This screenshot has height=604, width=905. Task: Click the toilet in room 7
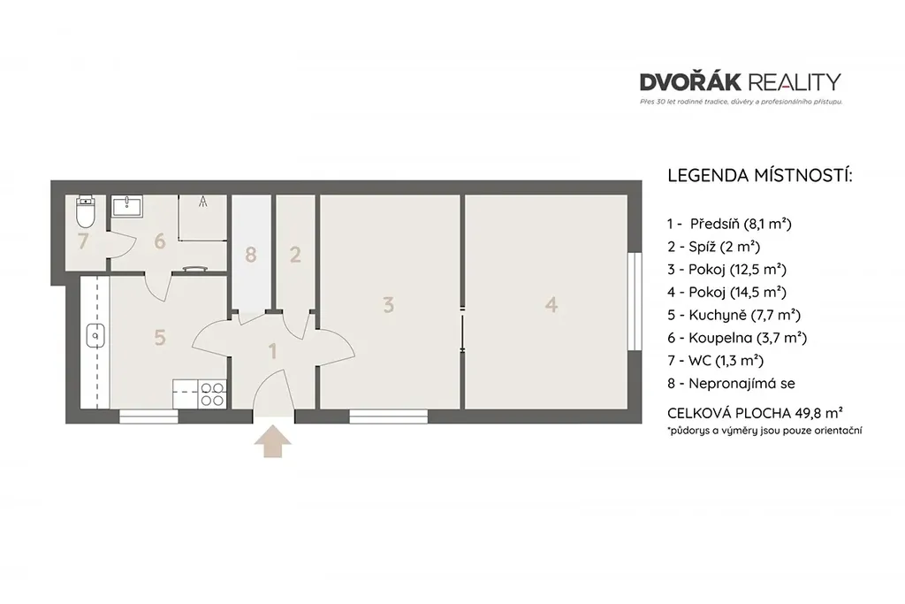click(x=86, y=212)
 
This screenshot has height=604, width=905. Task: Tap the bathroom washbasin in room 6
click(x=126, y=206)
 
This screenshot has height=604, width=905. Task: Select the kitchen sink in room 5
click(x=95, y=335)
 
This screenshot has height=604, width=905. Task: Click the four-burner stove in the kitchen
click(x=212, y=394)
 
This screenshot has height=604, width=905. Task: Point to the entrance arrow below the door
click(x=273, y=442)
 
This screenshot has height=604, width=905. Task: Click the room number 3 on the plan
click(x=389, y=305)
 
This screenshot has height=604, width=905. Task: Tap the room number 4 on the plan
click(x=551, y=304)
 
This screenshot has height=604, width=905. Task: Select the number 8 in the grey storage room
click(x=250, y=254)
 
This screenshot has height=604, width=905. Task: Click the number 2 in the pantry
click(x=295, y=254)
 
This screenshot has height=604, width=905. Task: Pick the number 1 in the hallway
click(x=273, y=351)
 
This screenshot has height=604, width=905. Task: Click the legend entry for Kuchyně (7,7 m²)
click(x=734, y=315)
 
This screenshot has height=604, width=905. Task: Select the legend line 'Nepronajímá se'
click(x=731, y=384)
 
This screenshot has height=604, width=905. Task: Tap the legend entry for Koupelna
click(x=737, y=338)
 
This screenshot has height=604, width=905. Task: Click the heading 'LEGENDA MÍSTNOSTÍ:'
click(x=759, y=176)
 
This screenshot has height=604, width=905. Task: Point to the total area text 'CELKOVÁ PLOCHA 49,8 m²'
click(x=755, y=413)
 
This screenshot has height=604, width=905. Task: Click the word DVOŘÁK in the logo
click(x=690, y=82)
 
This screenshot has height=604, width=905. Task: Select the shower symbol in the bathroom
click(x=202, y=202)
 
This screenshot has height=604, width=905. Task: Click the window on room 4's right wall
click(x=635, y=302)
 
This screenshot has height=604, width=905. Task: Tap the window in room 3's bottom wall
click(x=389, y=417)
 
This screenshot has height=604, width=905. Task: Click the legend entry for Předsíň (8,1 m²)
click(x=729, y=224)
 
